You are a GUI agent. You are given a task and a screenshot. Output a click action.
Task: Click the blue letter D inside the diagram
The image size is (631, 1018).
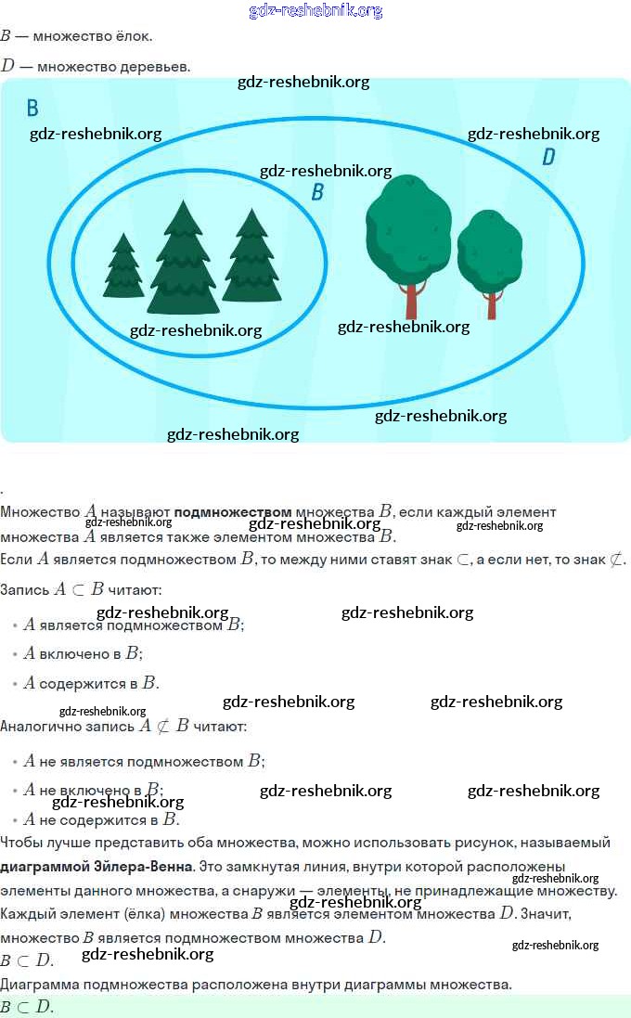coord(548,158)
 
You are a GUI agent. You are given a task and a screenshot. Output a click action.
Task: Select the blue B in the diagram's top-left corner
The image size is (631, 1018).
coord(32,109)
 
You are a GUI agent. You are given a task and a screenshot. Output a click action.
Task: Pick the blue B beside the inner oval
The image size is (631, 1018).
coord(317,193)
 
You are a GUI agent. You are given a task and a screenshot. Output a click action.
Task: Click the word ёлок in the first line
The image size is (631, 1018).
coord(134,36)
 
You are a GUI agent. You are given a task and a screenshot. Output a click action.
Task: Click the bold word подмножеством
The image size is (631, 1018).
coord(233,511)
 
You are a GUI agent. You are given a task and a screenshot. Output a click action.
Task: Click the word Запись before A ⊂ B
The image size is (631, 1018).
coord(25,589)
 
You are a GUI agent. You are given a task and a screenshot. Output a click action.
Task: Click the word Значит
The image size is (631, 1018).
coord(546,914)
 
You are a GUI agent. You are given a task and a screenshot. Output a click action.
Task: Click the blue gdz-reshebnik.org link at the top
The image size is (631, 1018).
coord(315,11)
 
